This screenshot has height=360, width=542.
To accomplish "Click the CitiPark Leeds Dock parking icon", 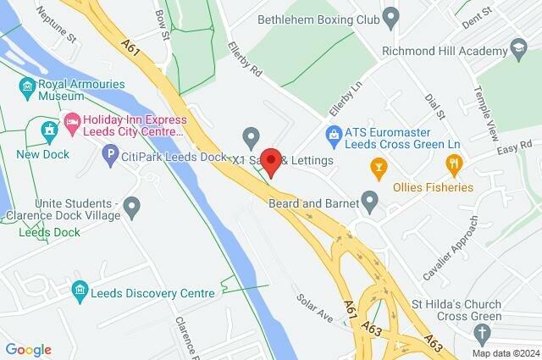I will [x=109, y=155].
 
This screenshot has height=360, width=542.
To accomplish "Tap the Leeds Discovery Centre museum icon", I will [x=80, y=291].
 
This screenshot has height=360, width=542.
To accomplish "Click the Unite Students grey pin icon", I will [x=131, y=206].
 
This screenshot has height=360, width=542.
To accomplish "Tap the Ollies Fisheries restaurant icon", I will [x=455, y=163].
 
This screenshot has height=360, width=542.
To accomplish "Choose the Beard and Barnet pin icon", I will [x=369, y=201].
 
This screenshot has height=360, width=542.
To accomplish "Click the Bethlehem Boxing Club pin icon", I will [x=390, y=16].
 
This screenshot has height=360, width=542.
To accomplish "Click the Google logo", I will [x=28, y=350].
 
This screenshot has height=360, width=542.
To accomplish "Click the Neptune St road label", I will [x=60, y=39].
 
